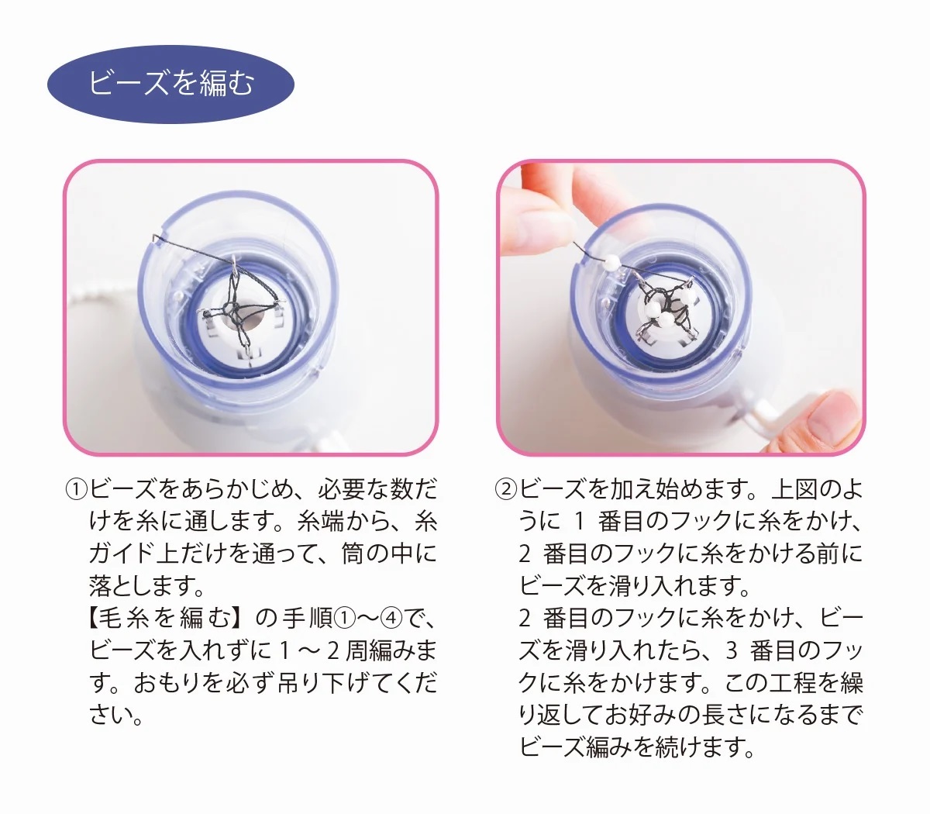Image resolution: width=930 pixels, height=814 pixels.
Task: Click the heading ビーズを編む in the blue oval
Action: (170, 84)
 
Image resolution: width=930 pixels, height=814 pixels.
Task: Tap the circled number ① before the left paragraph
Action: (76, 490)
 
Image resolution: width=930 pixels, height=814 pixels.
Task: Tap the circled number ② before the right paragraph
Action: (505, 490)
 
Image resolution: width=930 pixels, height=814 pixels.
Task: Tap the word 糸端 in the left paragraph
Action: (320, 522)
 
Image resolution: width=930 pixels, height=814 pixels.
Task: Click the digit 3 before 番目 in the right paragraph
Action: (732, 651)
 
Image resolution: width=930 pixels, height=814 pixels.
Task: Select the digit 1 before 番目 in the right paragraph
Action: (579, 522)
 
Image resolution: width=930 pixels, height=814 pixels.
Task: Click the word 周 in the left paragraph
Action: (356, 651)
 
